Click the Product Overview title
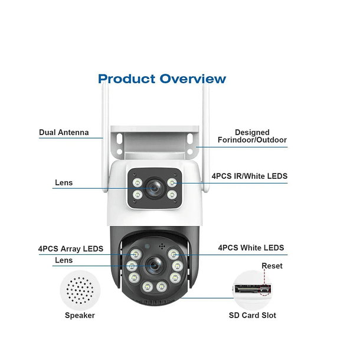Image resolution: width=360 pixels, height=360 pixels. pyautogui.click(x=162, y=78)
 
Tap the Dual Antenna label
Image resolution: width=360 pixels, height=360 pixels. pyautogui.click(x=64, y=132)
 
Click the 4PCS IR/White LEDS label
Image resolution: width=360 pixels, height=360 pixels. pyautogui.click(x=249, y=176)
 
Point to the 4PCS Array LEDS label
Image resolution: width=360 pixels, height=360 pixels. pyautogui.click(x=70, y=248)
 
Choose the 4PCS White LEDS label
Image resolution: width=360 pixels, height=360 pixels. pyautogui.click(x=251, y=248)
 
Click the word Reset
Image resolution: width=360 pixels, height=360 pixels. pyautogui.click(x=272, y=266)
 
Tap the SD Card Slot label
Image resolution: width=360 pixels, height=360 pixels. pyautogui.click(x=252, y=315)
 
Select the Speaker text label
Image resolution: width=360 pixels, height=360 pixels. pyautogui.click(x=80, y=315)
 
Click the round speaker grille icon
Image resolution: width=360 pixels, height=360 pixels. pyautogui.click(x=80, y=290)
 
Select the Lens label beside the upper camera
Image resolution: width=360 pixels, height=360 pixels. pyautogui.click(x=64, y=182)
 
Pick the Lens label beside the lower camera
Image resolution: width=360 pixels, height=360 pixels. pyautogui.click(x=64, y=260)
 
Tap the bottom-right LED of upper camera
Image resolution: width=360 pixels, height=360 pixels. pyautogui.click(x=172, y=195)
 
